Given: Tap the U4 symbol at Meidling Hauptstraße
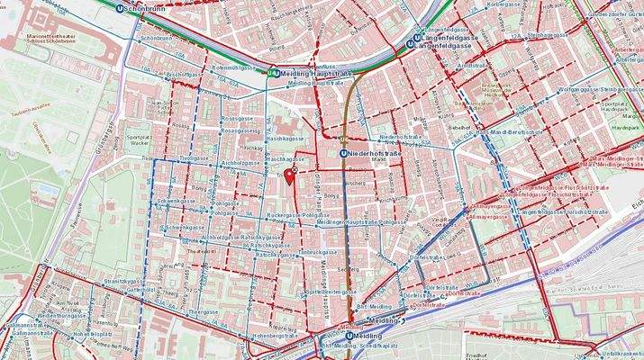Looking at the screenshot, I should [274, 73].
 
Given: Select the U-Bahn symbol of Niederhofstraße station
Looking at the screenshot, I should [344, 154].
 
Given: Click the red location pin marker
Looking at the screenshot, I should [289, 175].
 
